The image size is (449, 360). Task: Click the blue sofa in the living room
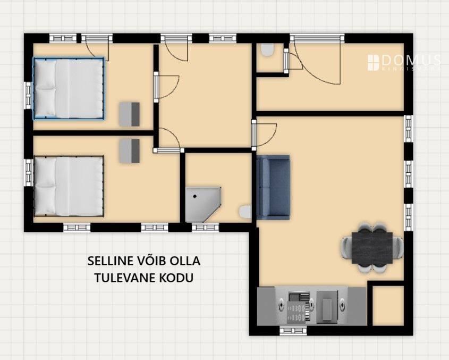273,187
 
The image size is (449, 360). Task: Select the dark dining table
372,248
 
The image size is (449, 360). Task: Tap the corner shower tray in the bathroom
204,205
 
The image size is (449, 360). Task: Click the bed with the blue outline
69,88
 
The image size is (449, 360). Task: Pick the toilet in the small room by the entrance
268,50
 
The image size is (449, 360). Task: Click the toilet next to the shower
245,212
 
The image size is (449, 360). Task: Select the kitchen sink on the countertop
327,306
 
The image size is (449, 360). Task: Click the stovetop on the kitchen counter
299,307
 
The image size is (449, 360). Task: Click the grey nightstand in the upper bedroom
130,114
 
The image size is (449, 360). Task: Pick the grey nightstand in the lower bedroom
130,151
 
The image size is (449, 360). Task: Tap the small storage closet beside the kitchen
388,306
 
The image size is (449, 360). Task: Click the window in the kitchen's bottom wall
293,331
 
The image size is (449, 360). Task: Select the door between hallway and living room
264,135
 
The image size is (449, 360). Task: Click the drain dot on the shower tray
195,196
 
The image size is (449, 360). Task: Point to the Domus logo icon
373,63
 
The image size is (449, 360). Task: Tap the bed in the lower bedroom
69,186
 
